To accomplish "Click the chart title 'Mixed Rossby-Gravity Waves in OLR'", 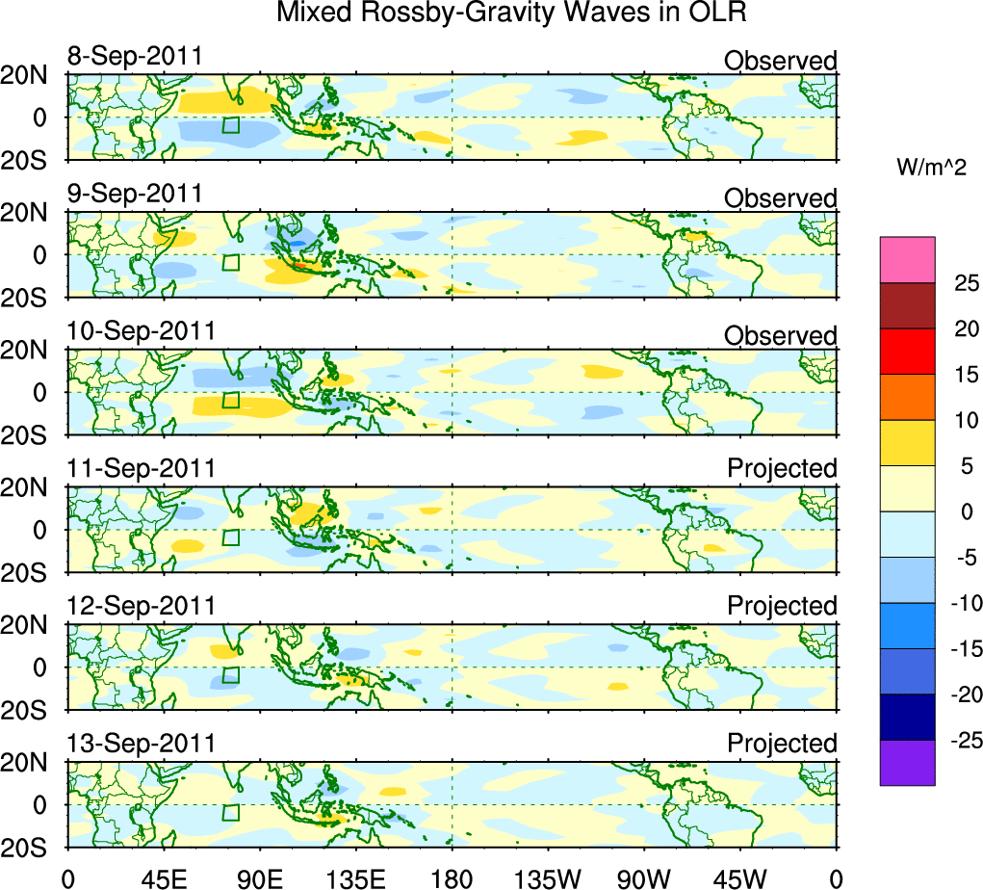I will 511,13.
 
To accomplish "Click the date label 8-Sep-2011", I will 135,56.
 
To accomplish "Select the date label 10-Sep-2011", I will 141,330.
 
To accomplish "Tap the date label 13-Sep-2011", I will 141,743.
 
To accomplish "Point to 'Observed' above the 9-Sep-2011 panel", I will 780,198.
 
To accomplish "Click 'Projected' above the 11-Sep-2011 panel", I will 782,468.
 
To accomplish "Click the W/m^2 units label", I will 933,167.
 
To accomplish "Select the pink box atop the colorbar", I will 907,260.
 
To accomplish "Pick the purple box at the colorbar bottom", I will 907,763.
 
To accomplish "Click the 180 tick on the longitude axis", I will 452,877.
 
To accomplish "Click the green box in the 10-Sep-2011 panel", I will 230,400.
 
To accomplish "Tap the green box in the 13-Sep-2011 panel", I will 230,812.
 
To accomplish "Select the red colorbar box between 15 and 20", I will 907,352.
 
